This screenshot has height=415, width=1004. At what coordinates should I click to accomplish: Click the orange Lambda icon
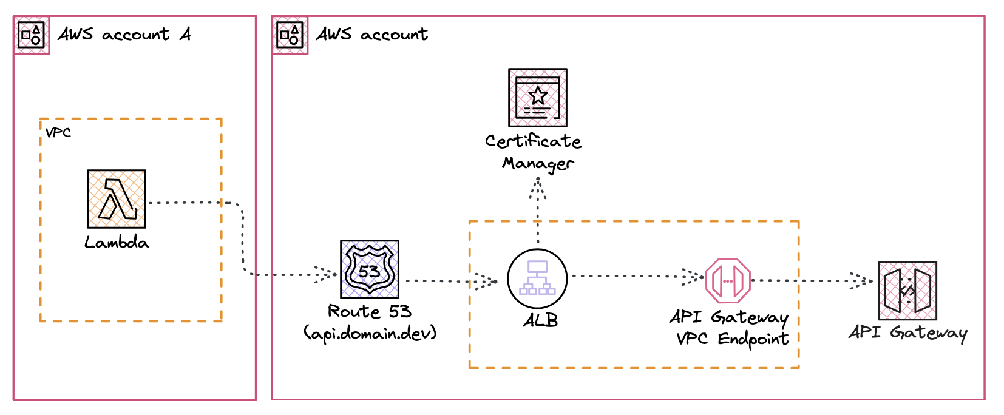point(117,199)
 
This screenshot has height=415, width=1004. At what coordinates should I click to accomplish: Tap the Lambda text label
point(117,243)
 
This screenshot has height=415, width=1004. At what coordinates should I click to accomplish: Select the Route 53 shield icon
point(370,269)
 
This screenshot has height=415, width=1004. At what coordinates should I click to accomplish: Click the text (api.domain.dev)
point(370,333)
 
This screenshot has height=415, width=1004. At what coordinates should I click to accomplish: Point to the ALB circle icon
point(537,278)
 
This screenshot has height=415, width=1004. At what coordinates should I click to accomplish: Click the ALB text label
point(540,320)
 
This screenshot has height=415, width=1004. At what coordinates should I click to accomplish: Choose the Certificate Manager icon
point(538,98)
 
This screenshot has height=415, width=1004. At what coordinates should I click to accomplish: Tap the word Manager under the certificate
point(538,164)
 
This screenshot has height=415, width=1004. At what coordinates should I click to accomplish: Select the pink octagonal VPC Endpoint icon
point(728,281)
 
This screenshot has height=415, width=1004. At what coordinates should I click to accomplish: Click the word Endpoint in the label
point(753,339)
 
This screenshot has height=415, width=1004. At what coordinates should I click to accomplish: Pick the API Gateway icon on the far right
point(907,291)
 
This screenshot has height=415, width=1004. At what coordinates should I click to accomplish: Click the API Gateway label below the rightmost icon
point(907,332)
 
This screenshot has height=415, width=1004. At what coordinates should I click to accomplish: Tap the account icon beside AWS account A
point(31,35)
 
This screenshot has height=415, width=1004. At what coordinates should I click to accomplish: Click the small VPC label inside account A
point(58,133)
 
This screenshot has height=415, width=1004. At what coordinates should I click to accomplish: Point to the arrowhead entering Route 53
point(327,274)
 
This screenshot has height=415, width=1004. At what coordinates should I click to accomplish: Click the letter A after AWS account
point(185,34)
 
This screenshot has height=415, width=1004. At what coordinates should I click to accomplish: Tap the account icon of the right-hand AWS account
point(290,35)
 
